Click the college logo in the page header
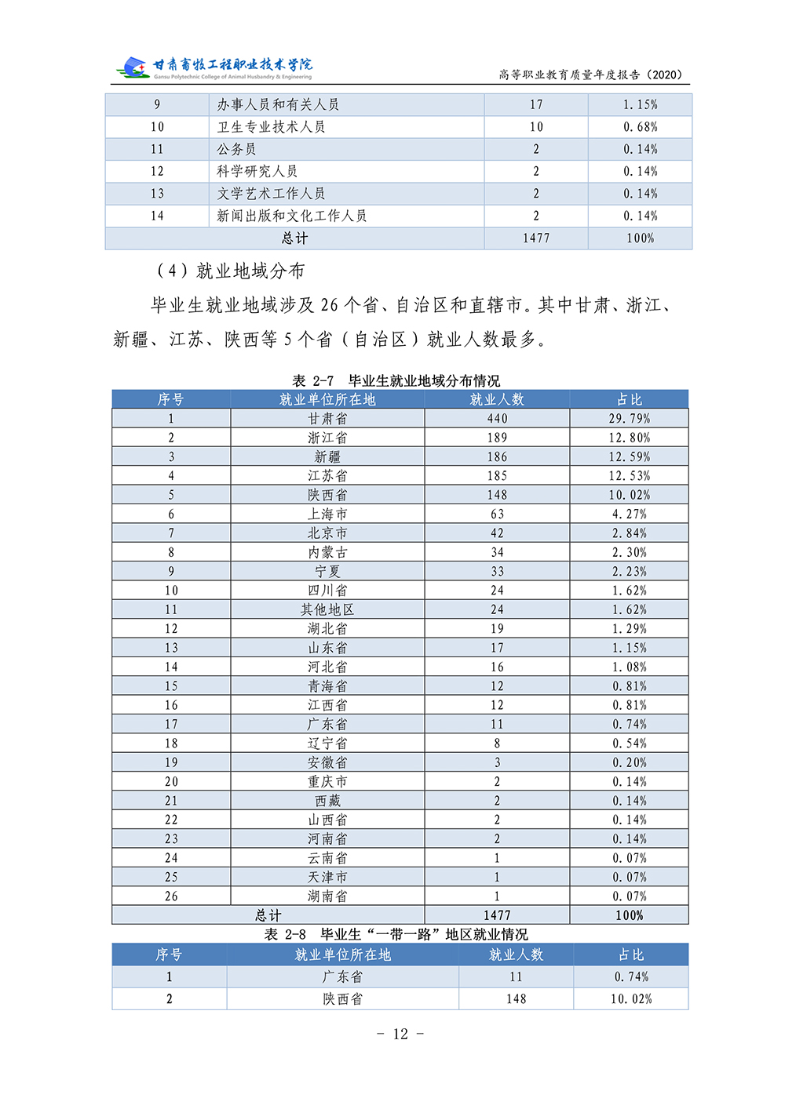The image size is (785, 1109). point(133,67)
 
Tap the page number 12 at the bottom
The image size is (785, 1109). point(400,1034)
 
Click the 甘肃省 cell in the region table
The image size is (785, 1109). point(327,419)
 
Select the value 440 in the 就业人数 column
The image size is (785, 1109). point(497,419)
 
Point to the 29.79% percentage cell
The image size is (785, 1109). point(630,419)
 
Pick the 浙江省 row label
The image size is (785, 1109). point(327,438)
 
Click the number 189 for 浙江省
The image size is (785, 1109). point(497,438)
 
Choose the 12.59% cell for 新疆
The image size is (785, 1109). point(630,456)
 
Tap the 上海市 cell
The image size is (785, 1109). point(327,514)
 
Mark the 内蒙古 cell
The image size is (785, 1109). point(327,552)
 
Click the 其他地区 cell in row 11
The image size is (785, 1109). point(327,609)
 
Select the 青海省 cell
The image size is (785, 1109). point(327,686)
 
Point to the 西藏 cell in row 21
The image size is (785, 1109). point(327,801)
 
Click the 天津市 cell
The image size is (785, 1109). point(327,877)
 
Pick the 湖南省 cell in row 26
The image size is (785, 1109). point(327,896)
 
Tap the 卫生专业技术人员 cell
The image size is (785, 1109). point(271,127)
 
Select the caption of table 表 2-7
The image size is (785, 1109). point(396,380)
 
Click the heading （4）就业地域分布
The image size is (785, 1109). point(231,271)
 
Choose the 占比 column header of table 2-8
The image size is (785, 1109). point(631,954)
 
